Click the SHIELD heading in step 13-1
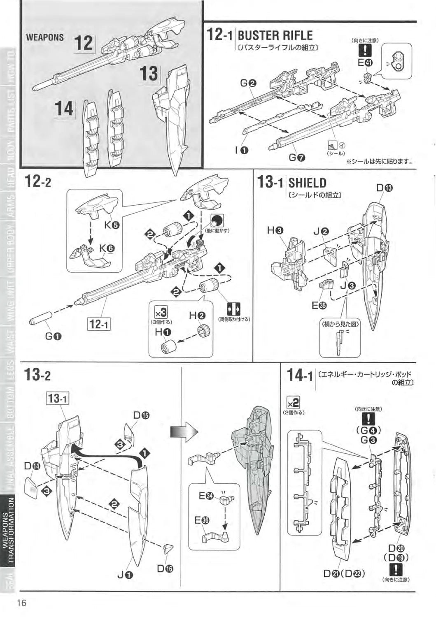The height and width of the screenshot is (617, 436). click(307, 183)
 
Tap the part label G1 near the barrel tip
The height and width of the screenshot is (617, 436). click(53, 336)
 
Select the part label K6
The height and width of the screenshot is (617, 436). click(107, 248)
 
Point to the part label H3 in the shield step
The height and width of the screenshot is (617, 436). click(275, 231)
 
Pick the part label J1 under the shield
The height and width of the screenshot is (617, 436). click(125, 575)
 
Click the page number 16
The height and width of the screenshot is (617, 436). click(22, 603)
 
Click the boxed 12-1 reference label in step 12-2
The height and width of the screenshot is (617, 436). click(99, 324)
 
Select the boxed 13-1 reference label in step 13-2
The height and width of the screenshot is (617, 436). click(58, 398)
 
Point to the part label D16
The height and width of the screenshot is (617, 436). click(165, 568)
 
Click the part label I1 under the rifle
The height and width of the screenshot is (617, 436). click(241, 150)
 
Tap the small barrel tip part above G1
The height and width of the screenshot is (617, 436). click(41, 318)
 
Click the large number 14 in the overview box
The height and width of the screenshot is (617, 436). click(64, 109)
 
